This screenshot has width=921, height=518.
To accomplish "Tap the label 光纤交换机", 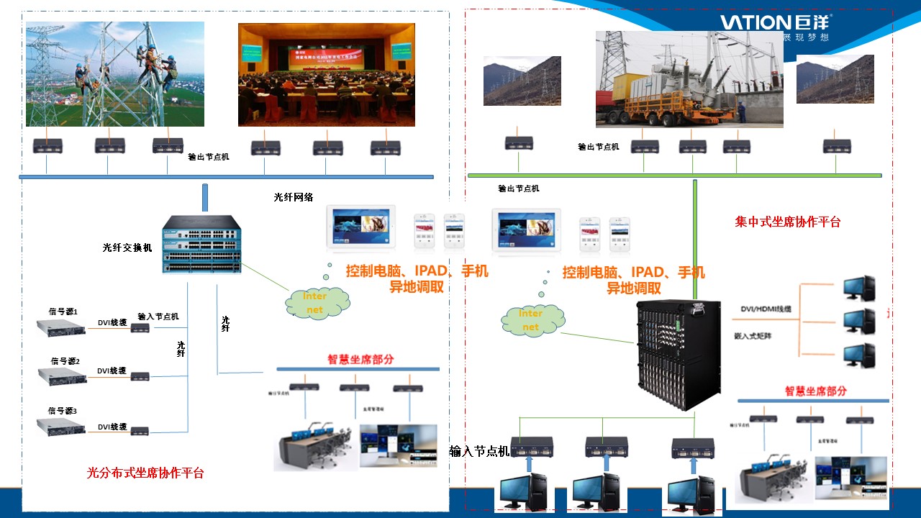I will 127,247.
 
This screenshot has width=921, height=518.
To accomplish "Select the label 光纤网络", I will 294,197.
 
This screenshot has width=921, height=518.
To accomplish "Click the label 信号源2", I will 65,361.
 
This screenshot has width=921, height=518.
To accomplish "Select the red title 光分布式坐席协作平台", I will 145,473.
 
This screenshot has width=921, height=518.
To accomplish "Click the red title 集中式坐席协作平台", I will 787,222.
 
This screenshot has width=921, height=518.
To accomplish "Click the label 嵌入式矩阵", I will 753,335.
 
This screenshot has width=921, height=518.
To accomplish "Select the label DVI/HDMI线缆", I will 766,309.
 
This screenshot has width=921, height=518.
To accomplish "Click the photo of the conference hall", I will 327,75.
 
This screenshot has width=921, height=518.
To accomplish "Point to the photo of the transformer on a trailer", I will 689,79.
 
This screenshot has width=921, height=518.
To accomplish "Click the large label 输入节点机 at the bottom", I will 479,451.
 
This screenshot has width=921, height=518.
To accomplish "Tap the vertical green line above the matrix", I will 695,237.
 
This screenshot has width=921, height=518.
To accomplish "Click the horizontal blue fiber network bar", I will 226,177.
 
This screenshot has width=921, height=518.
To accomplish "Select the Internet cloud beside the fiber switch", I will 317,303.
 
